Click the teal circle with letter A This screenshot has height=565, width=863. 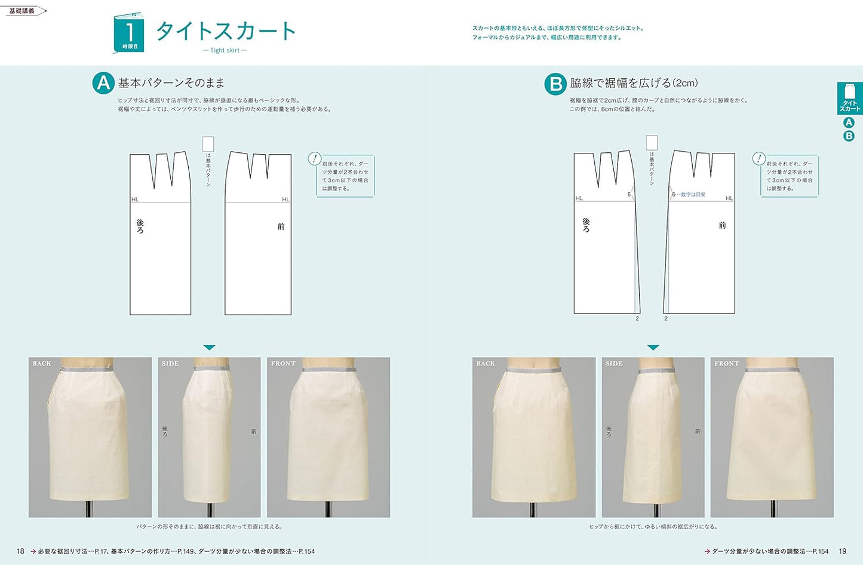point(103,83)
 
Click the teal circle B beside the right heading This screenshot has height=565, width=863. point(555,84)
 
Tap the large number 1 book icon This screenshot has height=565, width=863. point(129,33)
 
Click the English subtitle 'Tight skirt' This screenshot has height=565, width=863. point(225,50)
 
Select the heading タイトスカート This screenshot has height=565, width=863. point(226,31)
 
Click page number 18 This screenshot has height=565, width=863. point(20,551)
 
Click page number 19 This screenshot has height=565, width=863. point(842,551)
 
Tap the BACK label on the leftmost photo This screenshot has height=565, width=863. point(42,364)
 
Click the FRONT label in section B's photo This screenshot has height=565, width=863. point(726,364)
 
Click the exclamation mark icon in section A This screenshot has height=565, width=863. point(314,159)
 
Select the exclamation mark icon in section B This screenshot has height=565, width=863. point(758,159)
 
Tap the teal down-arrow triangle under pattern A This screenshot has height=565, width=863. point(209,347)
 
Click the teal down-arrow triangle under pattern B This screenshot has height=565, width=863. point(653,347)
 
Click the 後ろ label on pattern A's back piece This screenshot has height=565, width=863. point(140,226)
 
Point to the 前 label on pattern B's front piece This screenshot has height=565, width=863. point(722,225)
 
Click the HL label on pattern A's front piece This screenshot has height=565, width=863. point(285,199)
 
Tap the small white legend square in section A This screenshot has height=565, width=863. point(208,144)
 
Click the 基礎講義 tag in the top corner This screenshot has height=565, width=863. point(22,11)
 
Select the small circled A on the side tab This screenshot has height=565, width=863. point(849,122)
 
